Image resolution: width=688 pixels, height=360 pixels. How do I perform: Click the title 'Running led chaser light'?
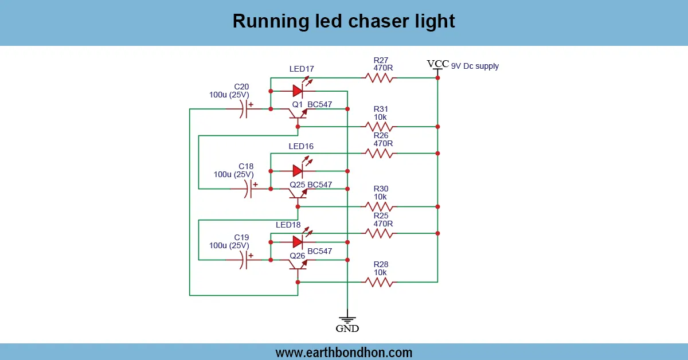[343, 21]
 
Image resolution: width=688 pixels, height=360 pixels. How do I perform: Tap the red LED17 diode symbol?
[298, 91]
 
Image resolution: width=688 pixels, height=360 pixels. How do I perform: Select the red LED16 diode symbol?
[298, 171]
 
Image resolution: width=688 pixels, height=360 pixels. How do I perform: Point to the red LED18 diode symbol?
[298, 241]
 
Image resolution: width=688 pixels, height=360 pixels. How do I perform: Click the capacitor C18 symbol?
[248, 189]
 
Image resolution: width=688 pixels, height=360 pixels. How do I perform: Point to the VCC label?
[437, 64]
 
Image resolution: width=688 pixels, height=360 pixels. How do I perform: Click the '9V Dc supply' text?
[475, 66]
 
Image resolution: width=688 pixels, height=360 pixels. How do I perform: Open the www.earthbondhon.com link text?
[343, 352]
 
